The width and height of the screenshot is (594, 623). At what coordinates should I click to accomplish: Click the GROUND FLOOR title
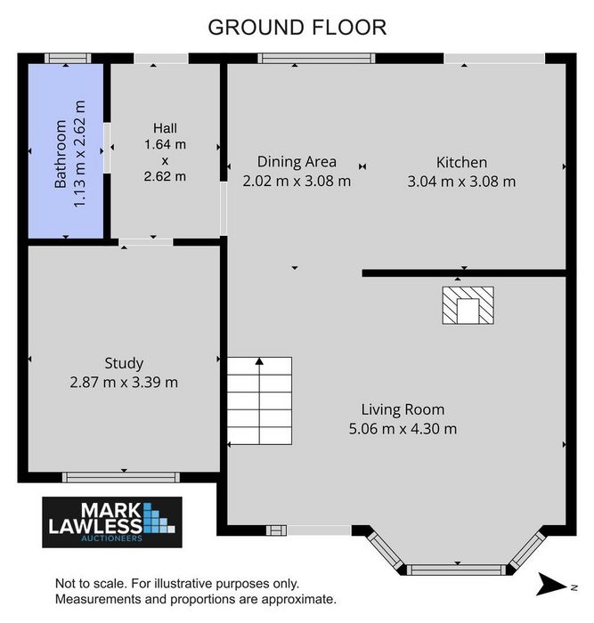point(297,28)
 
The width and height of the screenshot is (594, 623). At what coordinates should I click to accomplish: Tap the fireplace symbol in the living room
point(468,305)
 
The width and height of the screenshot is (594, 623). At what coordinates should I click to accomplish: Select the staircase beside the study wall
point(260,400)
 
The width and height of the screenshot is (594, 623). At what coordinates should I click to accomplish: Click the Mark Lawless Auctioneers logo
point(112,522)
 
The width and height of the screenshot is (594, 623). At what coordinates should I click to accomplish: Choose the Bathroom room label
point(61,154)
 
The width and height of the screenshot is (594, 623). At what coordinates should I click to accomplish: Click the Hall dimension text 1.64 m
point(165,144)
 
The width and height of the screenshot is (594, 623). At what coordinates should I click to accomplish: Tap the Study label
point(124,363)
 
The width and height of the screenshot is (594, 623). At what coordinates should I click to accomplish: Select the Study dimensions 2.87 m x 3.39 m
point(124,382)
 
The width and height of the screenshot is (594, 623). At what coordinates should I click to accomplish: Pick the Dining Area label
point(297,162)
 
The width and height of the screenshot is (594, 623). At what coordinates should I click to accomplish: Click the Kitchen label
point(461,162)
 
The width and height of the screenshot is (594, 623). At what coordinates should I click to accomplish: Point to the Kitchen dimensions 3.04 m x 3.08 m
point(461,182)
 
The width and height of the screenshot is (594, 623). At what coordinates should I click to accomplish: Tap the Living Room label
point(403,409)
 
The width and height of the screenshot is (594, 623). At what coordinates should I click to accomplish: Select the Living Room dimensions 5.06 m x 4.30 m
point(403,429)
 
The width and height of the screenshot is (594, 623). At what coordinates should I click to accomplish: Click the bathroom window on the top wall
point(68,59)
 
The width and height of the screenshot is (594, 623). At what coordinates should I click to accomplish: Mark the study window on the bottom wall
point(121,477)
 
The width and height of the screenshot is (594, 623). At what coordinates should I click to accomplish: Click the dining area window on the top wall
point(316,59)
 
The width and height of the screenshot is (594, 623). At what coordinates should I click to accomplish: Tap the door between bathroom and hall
point(107,148)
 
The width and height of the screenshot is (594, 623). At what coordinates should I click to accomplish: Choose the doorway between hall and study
point(145,242)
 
